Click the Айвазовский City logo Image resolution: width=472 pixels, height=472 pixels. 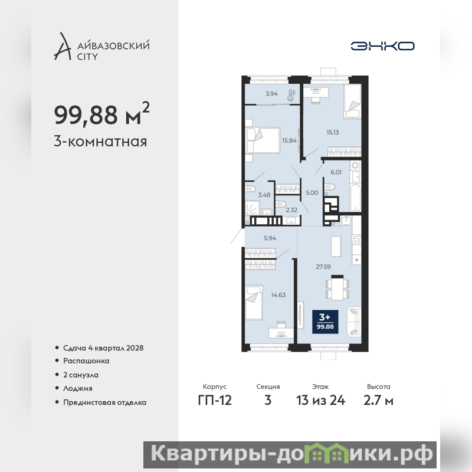[x=101, y=47]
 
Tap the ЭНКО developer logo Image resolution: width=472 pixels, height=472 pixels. [x=382, y=46]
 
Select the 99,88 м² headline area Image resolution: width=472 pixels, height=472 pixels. [x=101, y=114]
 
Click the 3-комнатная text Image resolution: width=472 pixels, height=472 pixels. [x=100, y=142]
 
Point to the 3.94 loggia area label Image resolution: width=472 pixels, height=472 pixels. [x=271, y=94]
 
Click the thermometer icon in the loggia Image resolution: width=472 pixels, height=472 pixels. [x=291, y=94]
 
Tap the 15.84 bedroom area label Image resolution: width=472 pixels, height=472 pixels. [x=289, y=140]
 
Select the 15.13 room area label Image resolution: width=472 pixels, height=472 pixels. [x=333, y=132]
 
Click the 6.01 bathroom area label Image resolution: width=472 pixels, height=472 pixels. [x=336, y=172]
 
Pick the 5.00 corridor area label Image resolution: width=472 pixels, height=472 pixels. [x=312, y=193]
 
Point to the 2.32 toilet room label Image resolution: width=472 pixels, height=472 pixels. [x=291, y=210]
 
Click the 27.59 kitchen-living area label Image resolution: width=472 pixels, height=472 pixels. [x=323, y=267]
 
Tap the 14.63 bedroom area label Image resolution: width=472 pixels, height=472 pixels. [x=278, y=295]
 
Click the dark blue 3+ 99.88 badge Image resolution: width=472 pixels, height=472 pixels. [x=325, y=322]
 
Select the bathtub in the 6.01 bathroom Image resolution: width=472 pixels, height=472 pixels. [x=355, y=198]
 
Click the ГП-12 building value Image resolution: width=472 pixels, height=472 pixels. [x=215, y=401]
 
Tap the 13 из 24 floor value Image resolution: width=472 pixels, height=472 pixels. [x=320, y=401]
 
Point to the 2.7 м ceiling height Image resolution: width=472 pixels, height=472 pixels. [x=378, y=401]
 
